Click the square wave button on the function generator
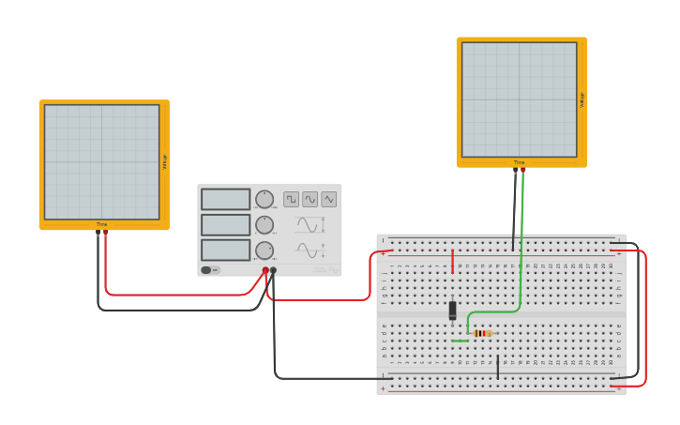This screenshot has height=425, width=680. (292, 199)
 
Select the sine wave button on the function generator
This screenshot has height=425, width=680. (310, 199)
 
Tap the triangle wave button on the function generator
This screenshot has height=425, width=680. (328, 199)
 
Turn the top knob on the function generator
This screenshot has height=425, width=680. (264, 199)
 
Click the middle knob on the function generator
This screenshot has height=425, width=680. (264, 224)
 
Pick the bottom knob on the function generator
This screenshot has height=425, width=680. (264, 250)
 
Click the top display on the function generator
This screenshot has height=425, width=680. (225, 199)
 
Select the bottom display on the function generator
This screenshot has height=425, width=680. (225, 250)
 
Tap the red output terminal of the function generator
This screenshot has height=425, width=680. (265, 270)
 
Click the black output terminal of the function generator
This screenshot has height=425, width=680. (273, 270)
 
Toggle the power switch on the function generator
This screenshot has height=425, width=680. (210, 270)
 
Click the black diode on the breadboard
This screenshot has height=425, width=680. (452, 311)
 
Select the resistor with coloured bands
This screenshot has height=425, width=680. (482, 333)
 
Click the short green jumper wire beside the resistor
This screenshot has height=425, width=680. (460, 341)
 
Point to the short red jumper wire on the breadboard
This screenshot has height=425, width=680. (452, 261)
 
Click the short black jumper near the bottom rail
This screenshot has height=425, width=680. (498, 367)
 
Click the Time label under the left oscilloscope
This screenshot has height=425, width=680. (101, 224)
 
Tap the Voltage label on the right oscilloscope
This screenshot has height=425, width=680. (582, 99)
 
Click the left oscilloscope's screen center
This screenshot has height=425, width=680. (101, 162)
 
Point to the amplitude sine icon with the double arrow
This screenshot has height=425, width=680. (310, 225)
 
